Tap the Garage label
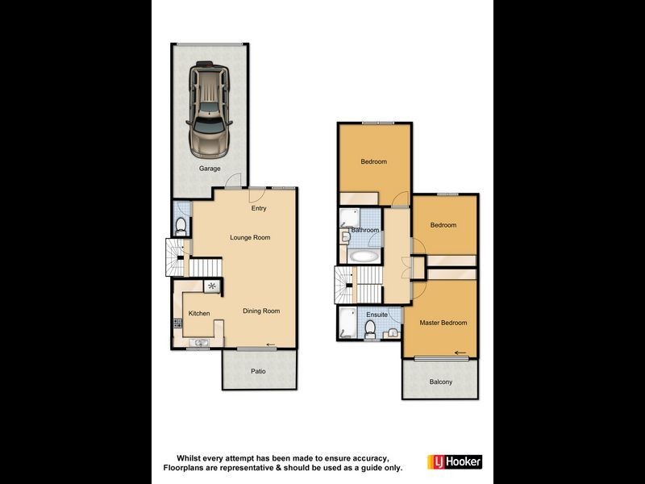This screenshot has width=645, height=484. click(210, 169)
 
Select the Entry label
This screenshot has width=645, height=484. click(258, 209)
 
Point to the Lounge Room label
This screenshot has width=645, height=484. click(250, 238)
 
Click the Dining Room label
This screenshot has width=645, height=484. click(261, 311)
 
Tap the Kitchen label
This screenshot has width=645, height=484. click(199, 314)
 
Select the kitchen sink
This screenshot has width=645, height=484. click(198, 343)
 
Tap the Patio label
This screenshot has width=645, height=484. click(257, 372)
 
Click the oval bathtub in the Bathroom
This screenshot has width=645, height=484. click(364, 257)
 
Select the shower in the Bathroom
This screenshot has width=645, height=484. click(349, 216)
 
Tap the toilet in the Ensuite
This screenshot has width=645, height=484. click(371, 328)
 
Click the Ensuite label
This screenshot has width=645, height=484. click(377, 315)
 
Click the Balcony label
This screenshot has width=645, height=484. click(440, 382)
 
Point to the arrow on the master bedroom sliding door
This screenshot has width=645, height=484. click(460, 353)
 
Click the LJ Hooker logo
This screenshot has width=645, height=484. click(455, 462)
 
